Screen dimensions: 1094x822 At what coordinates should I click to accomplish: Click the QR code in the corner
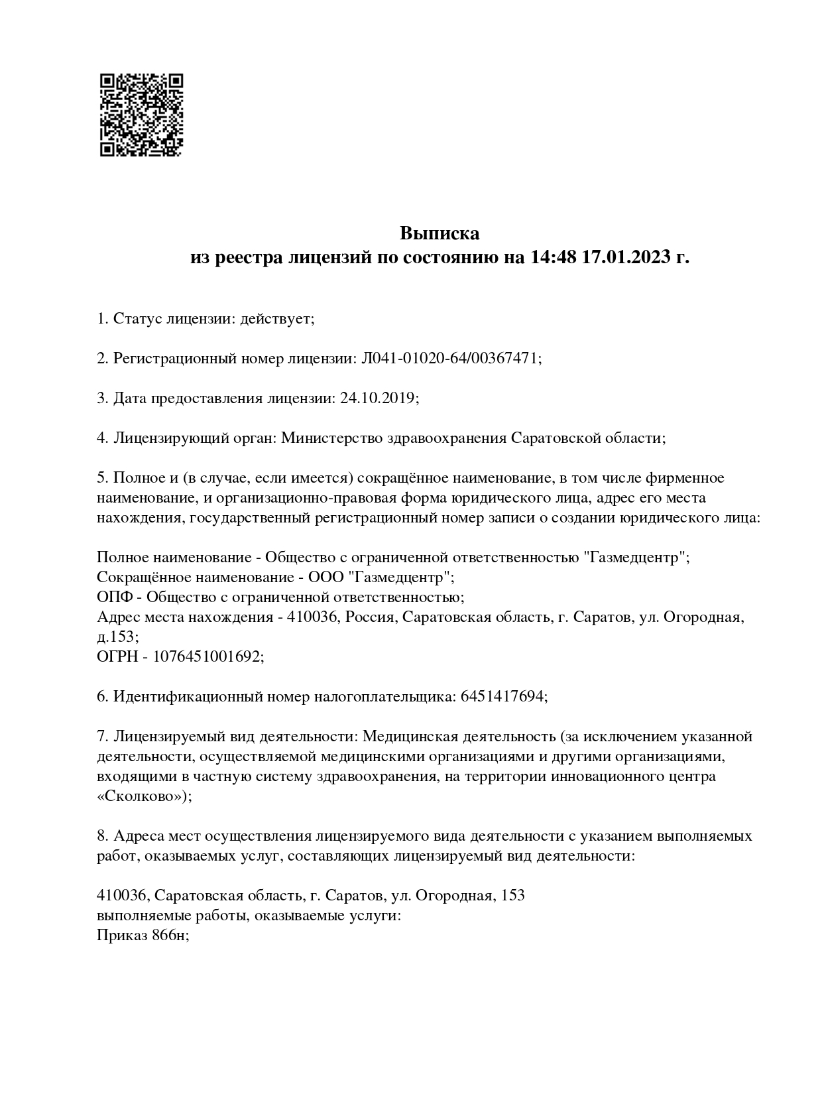(x=141, y=115)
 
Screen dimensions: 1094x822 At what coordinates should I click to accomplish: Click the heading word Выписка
(x=440, y=233)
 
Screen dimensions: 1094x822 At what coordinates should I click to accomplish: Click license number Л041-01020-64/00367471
(x=449, y=359)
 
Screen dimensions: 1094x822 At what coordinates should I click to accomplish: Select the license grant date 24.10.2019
(x=377, y=398)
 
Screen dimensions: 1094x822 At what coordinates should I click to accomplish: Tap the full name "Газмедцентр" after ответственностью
(x=636, y=558)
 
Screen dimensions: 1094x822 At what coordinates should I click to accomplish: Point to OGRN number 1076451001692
(x=207, y=657)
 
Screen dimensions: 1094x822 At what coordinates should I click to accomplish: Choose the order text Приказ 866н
(x=142, y=936)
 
